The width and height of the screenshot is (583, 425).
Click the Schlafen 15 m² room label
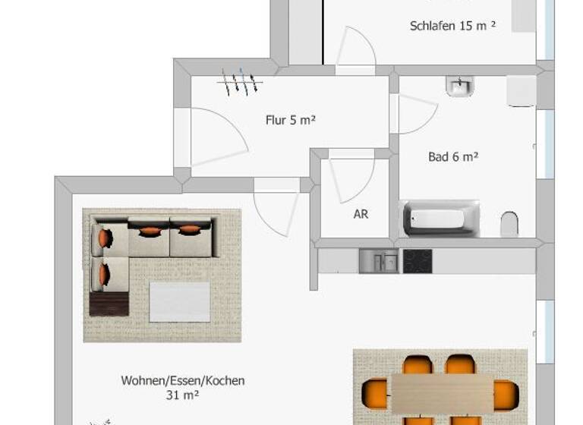[x=452, y=26]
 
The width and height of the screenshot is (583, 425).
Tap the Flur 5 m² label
[x=290, y=120]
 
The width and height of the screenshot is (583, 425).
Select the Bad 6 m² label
[x=453, y=157]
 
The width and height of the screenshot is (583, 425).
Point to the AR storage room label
[x=361, y=215]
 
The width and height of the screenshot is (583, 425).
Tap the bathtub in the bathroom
[x=441, y=219]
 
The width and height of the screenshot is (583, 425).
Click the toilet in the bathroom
[x=509, y=224]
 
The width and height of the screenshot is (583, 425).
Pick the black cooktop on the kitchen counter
[x=417, y=261]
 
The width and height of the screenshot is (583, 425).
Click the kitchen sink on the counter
[x=378, y=261]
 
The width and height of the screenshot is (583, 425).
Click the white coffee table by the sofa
[x=180, y=301]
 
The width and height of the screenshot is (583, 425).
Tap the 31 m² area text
[x=182, y=395]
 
